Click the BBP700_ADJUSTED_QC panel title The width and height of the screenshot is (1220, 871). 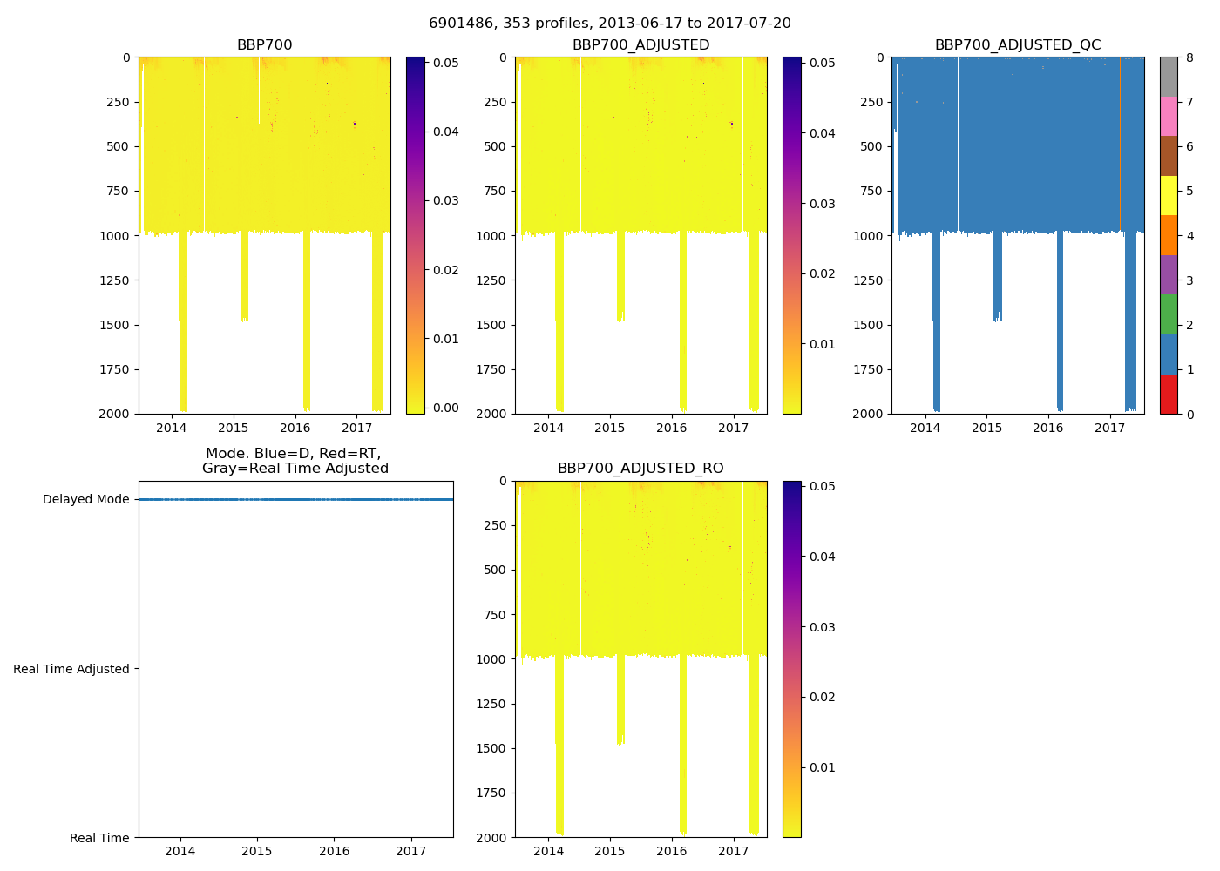[1017, 45]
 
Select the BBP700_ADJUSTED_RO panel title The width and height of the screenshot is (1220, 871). [640, 469]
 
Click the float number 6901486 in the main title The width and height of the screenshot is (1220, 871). [460, 24]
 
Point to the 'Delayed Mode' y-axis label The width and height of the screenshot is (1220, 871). [85, 500]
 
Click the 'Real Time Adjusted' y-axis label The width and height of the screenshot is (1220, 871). [71, 669]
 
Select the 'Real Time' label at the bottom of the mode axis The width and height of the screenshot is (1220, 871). [99, 838]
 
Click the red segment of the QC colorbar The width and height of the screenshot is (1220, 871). [1169, 394]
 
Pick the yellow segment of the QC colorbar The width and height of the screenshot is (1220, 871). [1169, 195]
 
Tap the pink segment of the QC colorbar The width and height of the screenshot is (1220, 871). [1169, 116]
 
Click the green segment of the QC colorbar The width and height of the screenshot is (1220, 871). [1169, 314]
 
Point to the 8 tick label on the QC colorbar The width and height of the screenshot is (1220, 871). [1189, 58]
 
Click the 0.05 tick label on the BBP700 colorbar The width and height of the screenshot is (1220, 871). [446, 63]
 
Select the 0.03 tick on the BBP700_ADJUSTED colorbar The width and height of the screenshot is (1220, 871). [823, 204]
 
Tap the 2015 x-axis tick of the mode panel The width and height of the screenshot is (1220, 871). [257, 851]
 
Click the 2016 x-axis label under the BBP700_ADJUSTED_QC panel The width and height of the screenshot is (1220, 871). [1048, 428]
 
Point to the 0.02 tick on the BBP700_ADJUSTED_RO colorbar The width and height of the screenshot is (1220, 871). [823, 697]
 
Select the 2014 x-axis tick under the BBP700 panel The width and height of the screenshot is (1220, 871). [172, 428]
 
